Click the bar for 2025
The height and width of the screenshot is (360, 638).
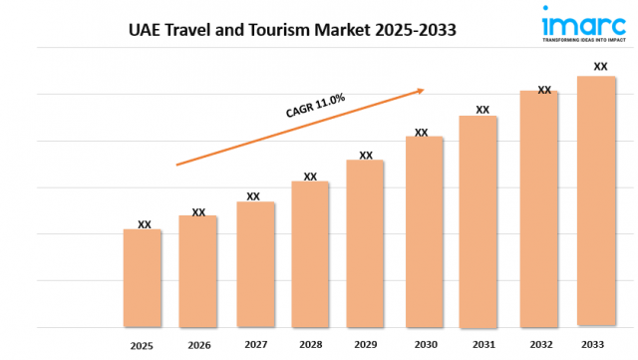pyautogui.click(x=143, y=278)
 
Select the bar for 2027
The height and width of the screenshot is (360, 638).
pyautogui.click(x=255, y=264)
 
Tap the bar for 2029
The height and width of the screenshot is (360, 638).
pyautogui.click(x=365, y=243)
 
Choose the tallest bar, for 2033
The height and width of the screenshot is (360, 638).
pyautogui.click(x=596, y=200)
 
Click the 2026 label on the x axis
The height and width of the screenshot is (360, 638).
pyautogui.click(x=199, y=345)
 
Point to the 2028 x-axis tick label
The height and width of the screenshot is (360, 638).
pyautogui.click(x=310, y=345)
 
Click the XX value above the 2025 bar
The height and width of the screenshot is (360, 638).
pyautogui.click(x=145, y=224)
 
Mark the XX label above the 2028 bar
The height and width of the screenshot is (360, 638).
pyautogui.click(x=310, y=177)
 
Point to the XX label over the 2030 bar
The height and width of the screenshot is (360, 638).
pyautogui.click(x=422, y=132)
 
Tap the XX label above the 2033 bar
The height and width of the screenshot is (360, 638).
pyautogui.click(x=600, y=67)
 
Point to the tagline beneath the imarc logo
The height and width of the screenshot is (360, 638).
pyautogui.click(x=571, y=43)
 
